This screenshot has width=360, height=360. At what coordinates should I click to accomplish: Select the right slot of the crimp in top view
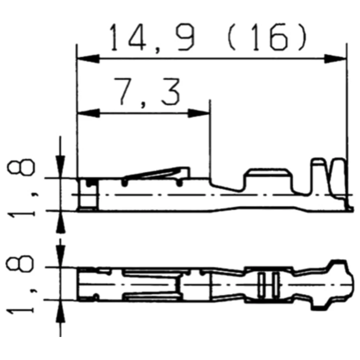[275, 284]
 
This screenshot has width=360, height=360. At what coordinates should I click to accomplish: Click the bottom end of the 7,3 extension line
[210, 178]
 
